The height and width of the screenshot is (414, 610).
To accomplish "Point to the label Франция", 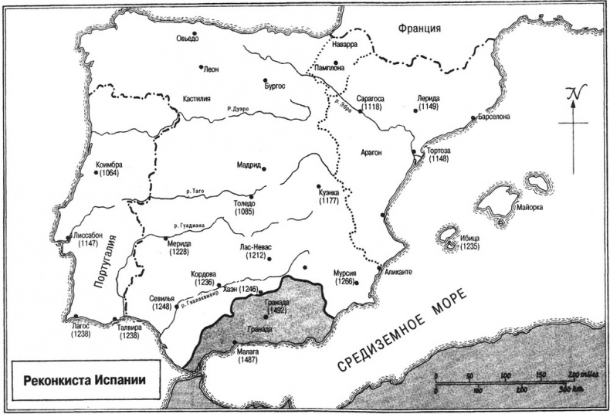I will coord(419,29).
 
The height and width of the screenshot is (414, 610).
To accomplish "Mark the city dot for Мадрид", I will coord(264,166).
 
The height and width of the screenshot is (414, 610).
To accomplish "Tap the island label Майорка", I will coord(528,208).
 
